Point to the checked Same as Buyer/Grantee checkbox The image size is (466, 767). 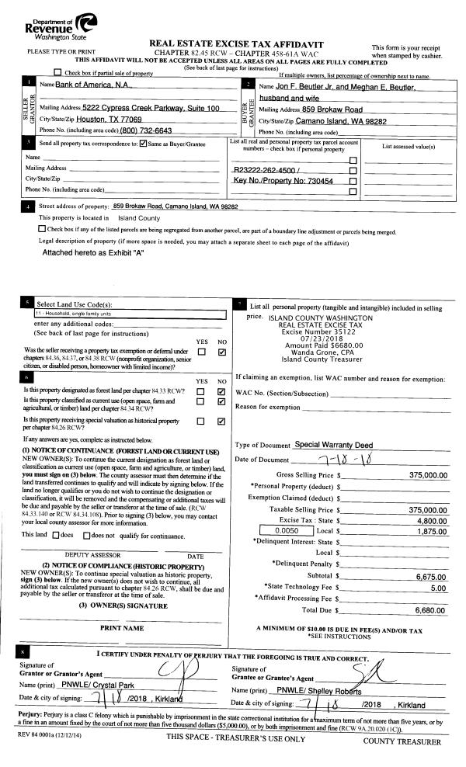point(142,144)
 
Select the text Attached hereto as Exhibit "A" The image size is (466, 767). point(93,252)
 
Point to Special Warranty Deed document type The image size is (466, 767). point(335,445)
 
